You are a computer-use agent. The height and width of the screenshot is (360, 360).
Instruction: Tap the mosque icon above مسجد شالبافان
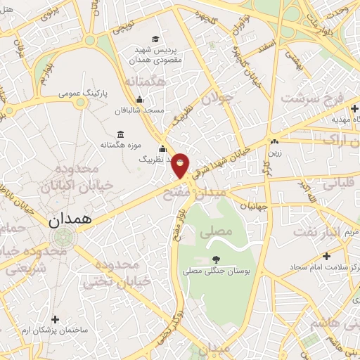point(140,99)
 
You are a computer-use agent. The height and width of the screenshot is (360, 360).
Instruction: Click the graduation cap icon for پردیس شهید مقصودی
point(155,40)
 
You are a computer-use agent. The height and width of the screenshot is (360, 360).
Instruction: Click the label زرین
point(274,151)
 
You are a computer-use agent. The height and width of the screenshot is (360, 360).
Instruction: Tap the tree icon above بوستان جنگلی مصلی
point(215,259)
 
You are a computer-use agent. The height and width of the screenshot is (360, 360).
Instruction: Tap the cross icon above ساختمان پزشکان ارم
point(56,319)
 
